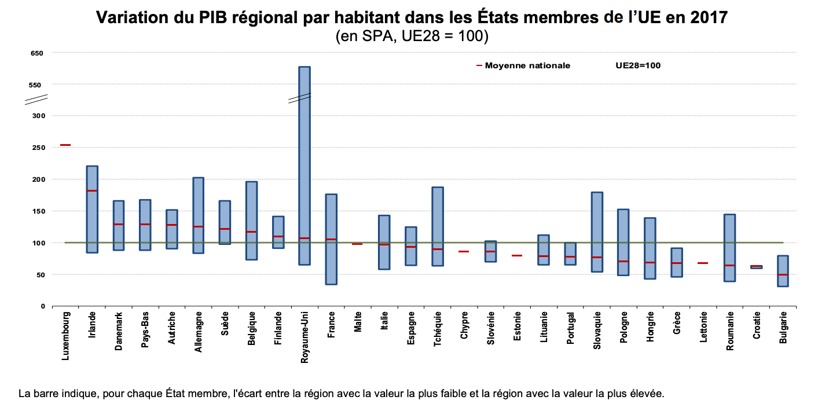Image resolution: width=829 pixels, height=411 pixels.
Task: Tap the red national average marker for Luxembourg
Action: pyautogui.click(x=65, y=145)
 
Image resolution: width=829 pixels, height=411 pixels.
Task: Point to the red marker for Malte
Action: pyautogui.click(x=357, y=244)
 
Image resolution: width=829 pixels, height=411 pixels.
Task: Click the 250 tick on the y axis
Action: pyautogui.click(x=38, y=148)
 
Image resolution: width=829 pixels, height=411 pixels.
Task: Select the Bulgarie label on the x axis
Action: pyautogui.click(x=783, y=328)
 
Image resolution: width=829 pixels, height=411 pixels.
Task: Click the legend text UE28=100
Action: pyautogui.click(x=638, y=65)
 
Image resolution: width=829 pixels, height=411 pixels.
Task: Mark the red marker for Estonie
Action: pyautogui.click(x=517, y=255)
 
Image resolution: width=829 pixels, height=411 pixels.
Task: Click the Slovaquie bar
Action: pyautogui.click(x=597, y=232)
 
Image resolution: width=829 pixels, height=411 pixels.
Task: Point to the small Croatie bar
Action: pyautogui.click(x=757, y=267)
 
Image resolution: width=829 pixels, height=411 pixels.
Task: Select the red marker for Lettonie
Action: pyautogui.click(x=703, y=263)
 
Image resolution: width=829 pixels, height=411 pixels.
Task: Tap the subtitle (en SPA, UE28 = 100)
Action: pyautogui.click(x=412, y=36)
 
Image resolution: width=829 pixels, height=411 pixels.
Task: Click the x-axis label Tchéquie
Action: pyautogui.click(x=437, y=330)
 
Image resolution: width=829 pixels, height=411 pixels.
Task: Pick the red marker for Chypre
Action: pyautogui.click(x=464, y=251)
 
